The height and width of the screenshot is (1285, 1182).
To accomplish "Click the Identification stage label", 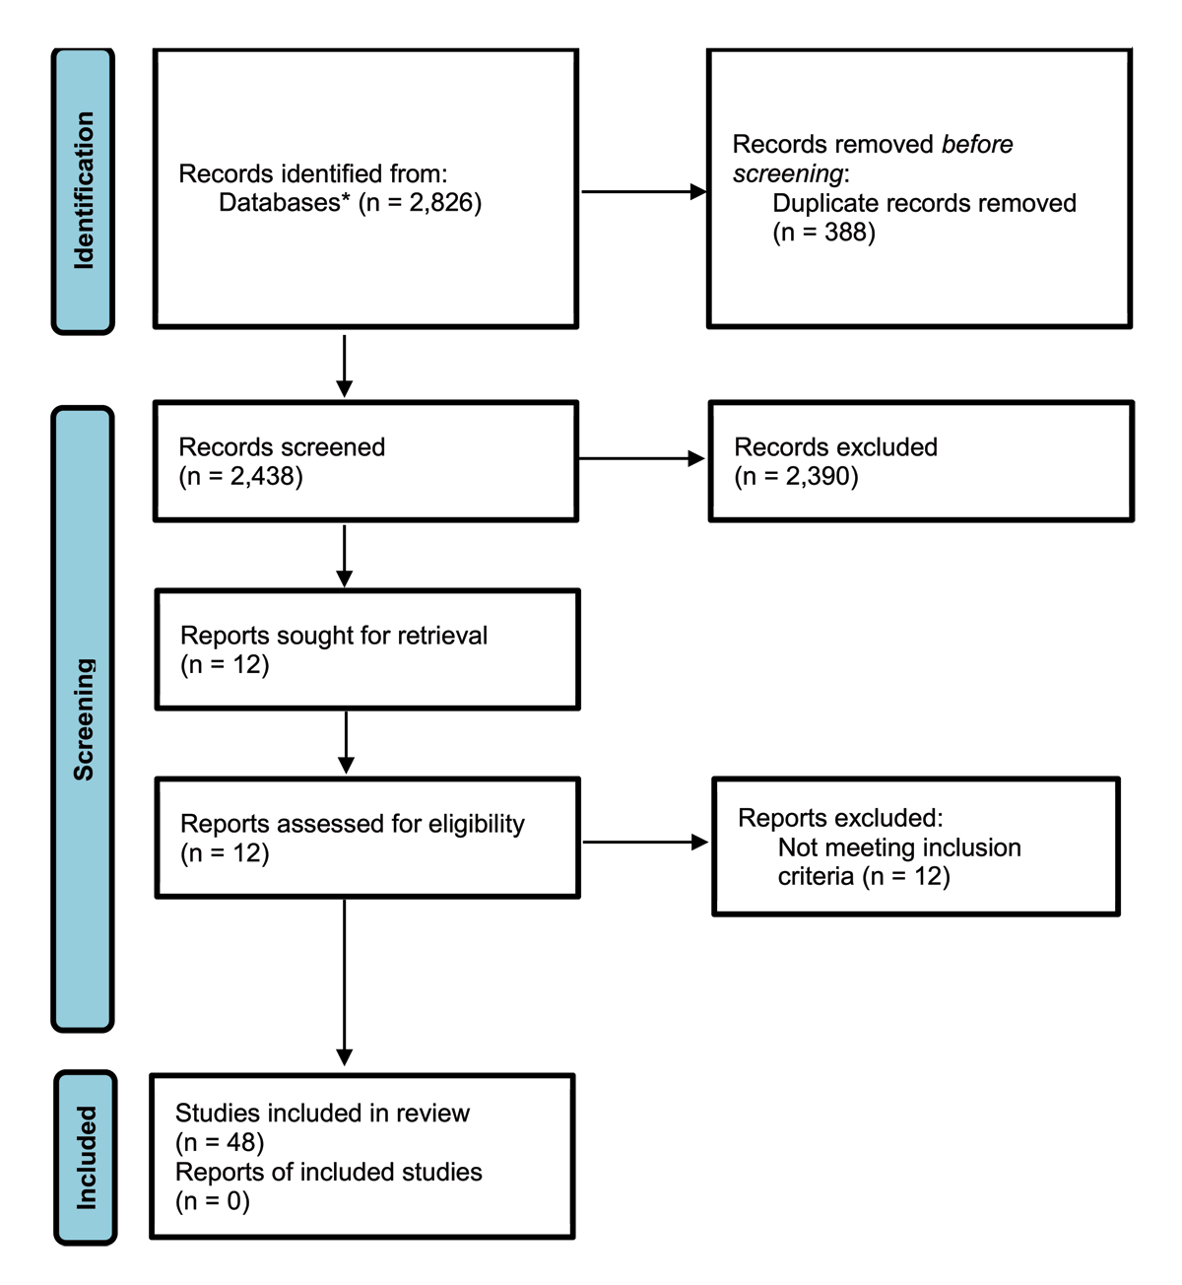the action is point(84,190).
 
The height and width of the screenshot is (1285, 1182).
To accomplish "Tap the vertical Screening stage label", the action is point(84,719).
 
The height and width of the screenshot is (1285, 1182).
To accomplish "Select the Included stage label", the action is point(86,1158).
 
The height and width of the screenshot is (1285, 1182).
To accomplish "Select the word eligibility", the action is point(477,824).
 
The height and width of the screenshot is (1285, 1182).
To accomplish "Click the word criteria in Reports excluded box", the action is point(816,876).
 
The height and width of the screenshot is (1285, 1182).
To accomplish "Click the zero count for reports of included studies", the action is point(233,1200).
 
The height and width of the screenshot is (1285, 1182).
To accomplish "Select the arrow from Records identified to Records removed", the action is point(643,191).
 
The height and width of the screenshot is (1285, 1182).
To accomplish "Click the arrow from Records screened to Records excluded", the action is point(641,458).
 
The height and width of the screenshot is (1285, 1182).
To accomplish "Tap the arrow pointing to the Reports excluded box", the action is point(645,843).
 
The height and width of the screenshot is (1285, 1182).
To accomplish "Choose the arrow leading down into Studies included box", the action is point(345,982).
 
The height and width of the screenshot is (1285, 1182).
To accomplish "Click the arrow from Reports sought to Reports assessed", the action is point(346,742).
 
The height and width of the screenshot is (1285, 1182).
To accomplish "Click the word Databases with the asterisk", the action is point(285,203).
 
